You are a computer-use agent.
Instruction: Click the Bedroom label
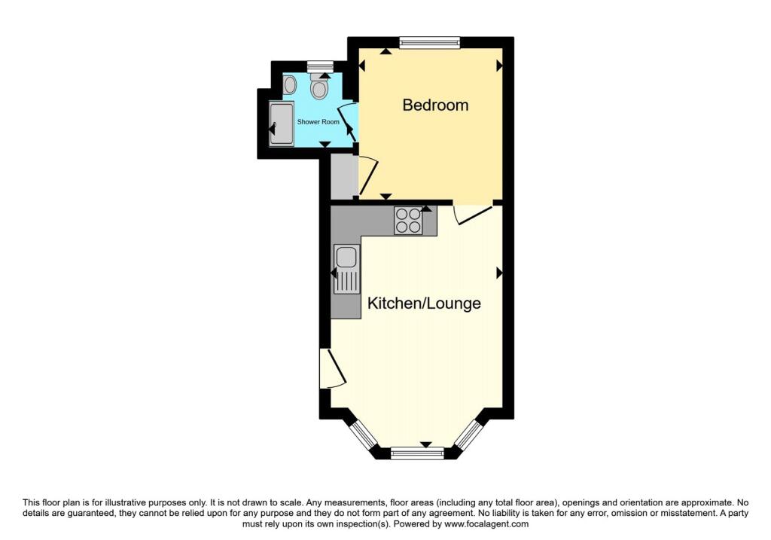tap(435, 105)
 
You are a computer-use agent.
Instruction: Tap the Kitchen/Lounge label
tap(424, 303)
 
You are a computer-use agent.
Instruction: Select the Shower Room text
tap(318, 121)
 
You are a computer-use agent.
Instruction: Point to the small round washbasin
tap(290, 86)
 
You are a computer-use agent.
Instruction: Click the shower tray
tap(282, 124)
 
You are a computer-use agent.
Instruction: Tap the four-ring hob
tap(408, 220)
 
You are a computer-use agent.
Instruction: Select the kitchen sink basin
tap(346, 257)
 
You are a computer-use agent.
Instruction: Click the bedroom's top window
tap(429, 43)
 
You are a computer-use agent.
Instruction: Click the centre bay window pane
tap(417, 453)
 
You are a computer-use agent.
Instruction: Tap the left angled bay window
tap(364, 434)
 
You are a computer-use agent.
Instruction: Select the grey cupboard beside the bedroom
tap(343, 176)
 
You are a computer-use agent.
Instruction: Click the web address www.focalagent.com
tap(486, 524)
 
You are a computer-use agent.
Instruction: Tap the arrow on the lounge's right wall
tap(500, 273)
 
